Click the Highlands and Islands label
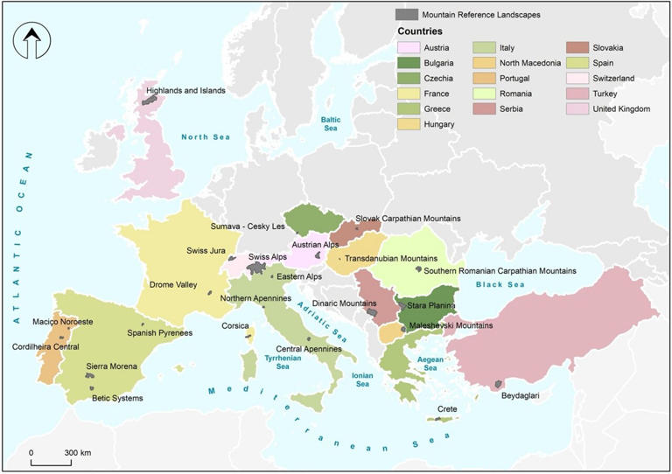point(185,90)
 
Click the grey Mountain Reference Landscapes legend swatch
point(405,15)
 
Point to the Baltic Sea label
point(329,123)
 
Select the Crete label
point(448,408)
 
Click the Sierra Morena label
point(111,366)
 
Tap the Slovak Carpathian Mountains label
point(408,219)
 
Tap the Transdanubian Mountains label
point(390,259)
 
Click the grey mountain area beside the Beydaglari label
point(498,384)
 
